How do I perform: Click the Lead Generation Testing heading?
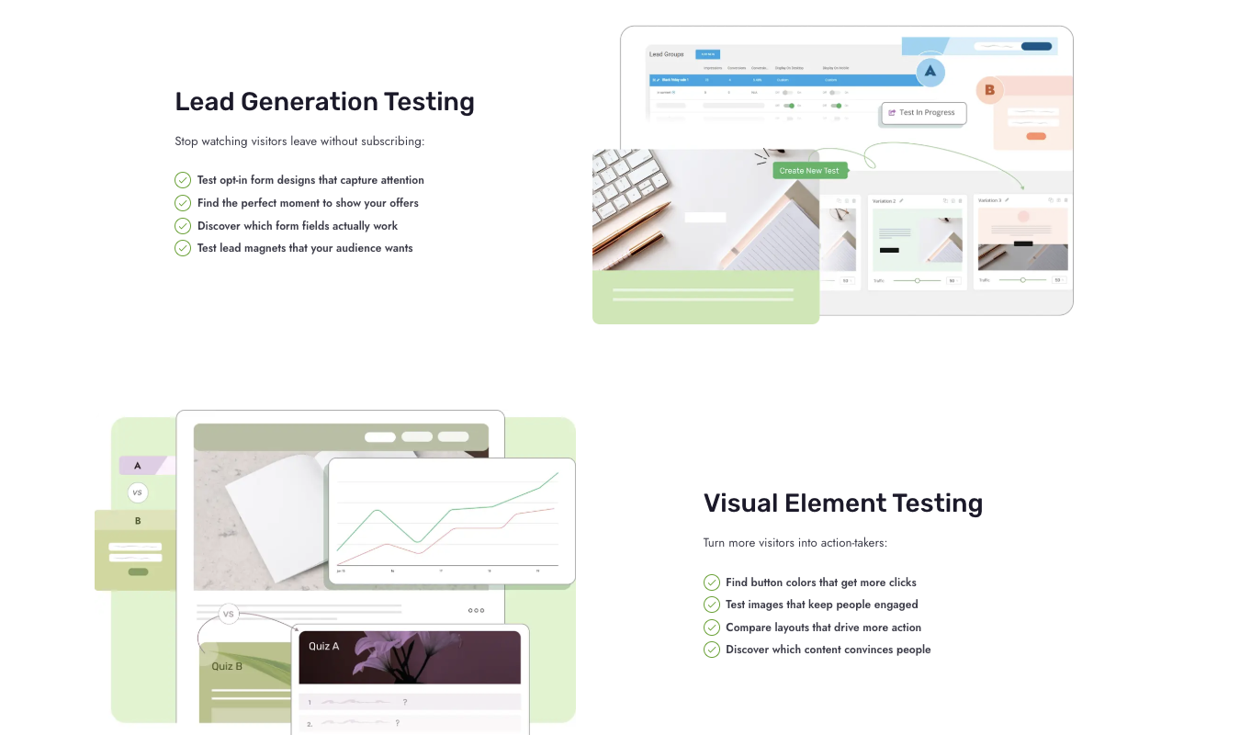(x=324, y=101)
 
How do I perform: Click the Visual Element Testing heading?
(x=842, y=503)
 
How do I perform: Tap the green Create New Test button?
(x=809, y=171)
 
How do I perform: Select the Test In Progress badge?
(x=923, y=113)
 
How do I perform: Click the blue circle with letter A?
(x=930, y=72)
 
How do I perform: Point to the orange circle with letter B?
(x=989, y=90)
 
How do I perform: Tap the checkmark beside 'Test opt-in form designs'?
(x=183, y=180)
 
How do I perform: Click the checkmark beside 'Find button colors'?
(x=712, y=582)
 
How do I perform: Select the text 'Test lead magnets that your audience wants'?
(x=305, y=248)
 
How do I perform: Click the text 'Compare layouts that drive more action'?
(x=823, y=628)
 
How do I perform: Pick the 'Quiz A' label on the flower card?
(x=323, y=647)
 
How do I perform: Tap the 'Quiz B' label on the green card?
(x=227, y=666)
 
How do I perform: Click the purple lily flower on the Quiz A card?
(x=386, y=654)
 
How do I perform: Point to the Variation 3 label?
(x=989, y=200)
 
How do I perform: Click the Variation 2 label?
(x=884, y=200)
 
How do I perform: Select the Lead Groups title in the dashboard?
(x=666, y=54)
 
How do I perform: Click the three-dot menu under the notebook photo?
(x=476, y=610)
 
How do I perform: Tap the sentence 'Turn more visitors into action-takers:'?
(x=795, y=543)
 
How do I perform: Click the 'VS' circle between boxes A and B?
(x=138, y=493)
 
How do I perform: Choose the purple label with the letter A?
(x=138, y=466)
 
